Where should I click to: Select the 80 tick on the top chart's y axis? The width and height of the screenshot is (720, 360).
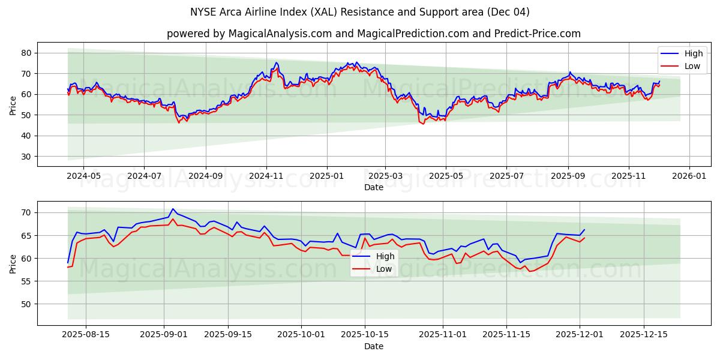point(26,53)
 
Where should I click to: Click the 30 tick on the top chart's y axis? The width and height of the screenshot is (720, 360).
point(26,157)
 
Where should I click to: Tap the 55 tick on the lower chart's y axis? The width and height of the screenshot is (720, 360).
point(26,281)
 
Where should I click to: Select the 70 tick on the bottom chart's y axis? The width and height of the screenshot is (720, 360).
point(26,213)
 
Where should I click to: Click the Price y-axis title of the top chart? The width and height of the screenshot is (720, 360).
point(13,104)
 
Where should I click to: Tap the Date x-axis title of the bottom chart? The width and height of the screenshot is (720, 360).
point(373,347)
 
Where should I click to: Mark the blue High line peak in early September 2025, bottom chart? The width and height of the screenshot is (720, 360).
point(173,209)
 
